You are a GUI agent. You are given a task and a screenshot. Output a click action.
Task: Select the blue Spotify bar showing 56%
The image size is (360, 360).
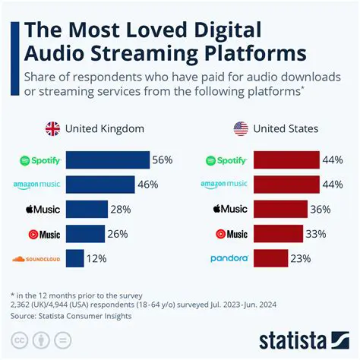[x=107, y=160]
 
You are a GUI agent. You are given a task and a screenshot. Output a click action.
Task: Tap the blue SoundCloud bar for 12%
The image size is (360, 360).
[x=74, y=258]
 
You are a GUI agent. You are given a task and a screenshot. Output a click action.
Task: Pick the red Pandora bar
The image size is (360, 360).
[x=271, y=258]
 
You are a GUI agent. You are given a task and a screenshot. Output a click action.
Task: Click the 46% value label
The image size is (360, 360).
[x=148, y=185]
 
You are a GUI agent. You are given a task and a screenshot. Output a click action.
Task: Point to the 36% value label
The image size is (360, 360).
[x=321, y=210]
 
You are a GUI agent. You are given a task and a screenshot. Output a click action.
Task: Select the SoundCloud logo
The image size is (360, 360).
[x=36, y=259]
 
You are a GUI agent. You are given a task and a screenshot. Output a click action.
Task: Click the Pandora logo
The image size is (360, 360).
[x=229, y=259]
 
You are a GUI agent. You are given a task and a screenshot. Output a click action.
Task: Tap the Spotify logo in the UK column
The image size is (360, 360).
[x=39, y=160]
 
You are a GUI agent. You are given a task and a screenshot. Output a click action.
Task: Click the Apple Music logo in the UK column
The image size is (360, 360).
[x=42, y=210]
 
